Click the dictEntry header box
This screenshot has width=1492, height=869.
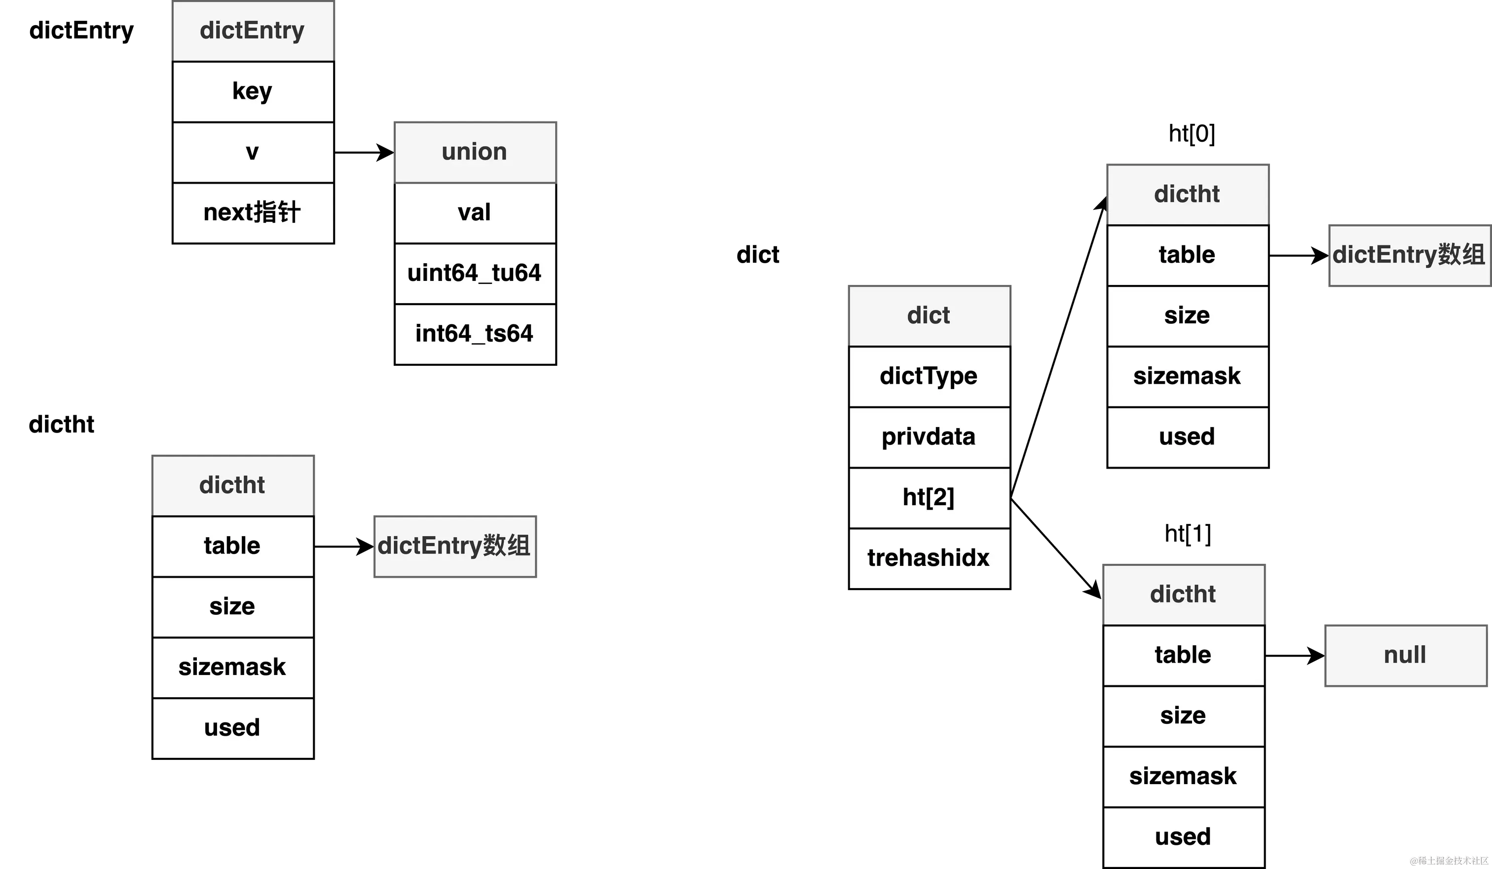point(254,31)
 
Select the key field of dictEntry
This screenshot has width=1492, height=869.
point(254,92)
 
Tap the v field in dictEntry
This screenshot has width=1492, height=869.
point(254,152)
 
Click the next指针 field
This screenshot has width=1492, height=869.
point(254,213)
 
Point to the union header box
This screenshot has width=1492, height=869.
point(475,152)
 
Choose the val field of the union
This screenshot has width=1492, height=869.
point(475,213)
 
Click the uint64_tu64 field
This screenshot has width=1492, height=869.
point(475,273)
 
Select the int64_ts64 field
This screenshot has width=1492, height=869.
point(475,333)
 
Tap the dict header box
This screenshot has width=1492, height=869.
point(929,315)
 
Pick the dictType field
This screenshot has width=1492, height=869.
point(929,376)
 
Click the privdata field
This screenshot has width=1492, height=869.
point(929,437)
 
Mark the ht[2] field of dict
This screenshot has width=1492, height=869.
point(929,498)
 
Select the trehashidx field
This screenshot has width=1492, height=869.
point(929,558)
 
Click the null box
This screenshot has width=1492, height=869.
point(1406,655)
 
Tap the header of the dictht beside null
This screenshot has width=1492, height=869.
point(1184,594)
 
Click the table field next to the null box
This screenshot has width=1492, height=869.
point(1184,655)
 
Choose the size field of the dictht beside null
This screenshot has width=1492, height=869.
point(1184,715)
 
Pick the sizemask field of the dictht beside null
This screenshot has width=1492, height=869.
point(1184,776)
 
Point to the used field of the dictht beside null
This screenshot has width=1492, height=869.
point(1184,836)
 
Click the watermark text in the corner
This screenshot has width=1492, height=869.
point(1448,860)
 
